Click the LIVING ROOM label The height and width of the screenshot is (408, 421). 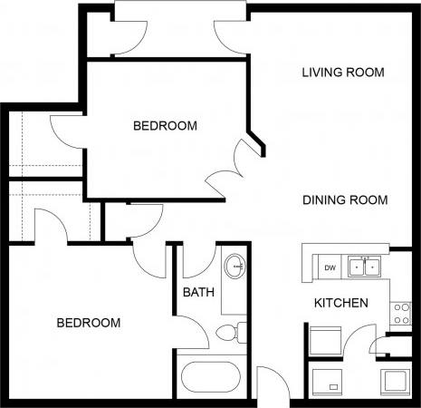click(343, 73)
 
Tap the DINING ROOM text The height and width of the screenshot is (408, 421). click(345, 200)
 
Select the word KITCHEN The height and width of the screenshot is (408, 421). click(340, 303)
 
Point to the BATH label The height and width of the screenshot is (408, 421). click(198, 293)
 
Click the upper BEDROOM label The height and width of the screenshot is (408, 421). click(165, 126)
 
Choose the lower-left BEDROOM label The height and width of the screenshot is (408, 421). click(89, 323)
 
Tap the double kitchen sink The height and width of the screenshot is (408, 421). click(366, 267)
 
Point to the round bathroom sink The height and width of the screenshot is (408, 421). click(234, 267)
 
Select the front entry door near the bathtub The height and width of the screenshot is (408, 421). click(269, 381)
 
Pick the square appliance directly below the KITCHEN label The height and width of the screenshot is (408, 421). click(325, 342)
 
